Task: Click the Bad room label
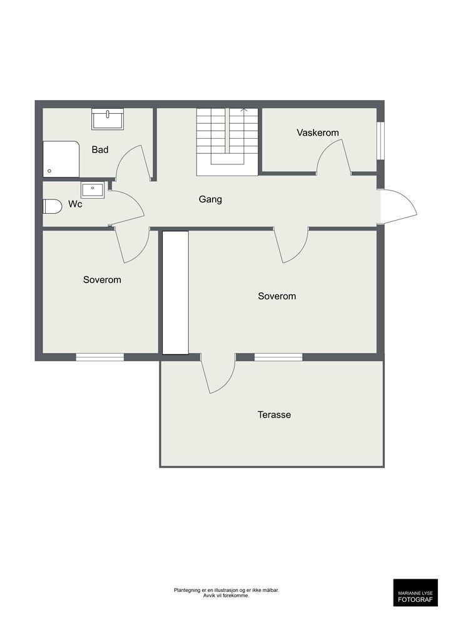pyautogui.click(x=100, y=150)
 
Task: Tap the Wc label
pyautogui.click(x=75, y=204)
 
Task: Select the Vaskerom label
pyautogui.click(x=318, y=132)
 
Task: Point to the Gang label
pyautogui.click(x=210, y=199)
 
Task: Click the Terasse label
pyautogui.click(x=275, y=415)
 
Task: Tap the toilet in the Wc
pyautogui.click(x=53, y=206)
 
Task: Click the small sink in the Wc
pyautogui.click(x=93, y=190)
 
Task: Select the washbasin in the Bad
pyautogui.click(x=108, y=119)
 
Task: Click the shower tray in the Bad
pyautogui.click(x=61, y=159)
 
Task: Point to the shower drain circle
pyautogui.click(x=49, y=171)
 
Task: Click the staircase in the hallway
pyautogui.click(x=227, y=142)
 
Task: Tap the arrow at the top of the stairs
pyautogui.click(x=244, y=109)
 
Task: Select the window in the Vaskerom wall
pyautogui.click(x=380, y=141)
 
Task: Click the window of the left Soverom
pyautogui.click(x=100, y=357)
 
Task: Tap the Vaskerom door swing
pyautogui.click(x=333, y=157)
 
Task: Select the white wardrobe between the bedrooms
pyautogui.click(x=176, y=292)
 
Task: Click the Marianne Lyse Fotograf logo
pyautogui.click(x=415, y=592)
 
